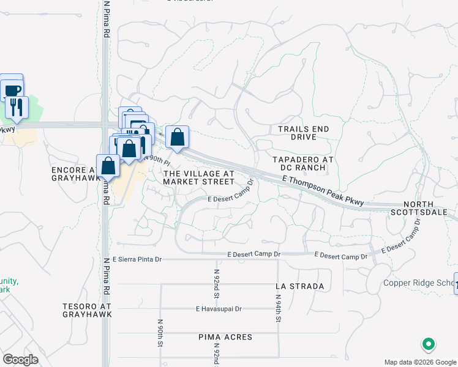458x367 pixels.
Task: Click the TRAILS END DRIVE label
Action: [303, 133]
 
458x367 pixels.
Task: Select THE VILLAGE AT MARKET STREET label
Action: [199, 177]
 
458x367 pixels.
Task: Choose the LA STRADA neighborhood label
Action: [299, 286]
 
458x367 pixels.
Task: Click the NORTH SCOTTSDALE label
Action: [427, 208]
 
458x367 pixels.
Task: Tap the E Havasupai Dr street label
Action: [219, 309]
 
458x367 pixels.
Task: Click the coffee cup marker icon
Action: [12, 90]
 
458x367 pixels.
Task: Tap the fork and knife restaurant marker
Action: [17, 108]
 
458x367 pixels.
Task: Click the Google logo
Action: [21, 360]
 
